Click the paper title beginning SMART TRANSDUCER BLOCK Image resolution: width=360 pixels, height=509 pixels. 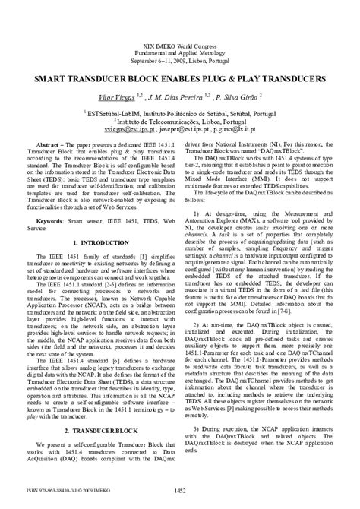(x=180, y=79)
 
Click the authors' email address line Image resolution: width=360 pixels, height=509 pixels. (x=180, y=129)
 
